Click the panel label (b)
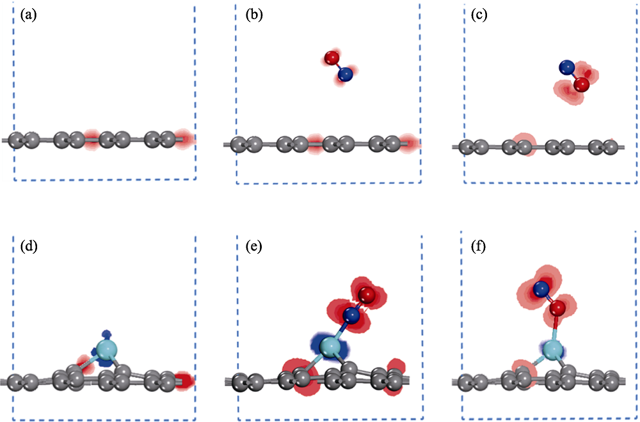[255, 15]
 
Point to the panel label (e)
[255, 244]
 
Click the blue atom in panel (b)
[345, 75]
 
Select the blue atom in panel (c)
[566, 66]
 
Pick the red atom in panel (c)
[581, 84]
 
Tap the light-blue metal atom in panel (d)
[106, 350]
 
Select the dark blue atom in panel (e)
[351, 315]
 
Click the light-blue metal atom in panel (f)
[553, 350]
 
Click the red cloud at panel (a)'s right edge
[184, 138]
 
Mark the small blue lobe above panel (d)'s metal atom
[108, 334]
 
